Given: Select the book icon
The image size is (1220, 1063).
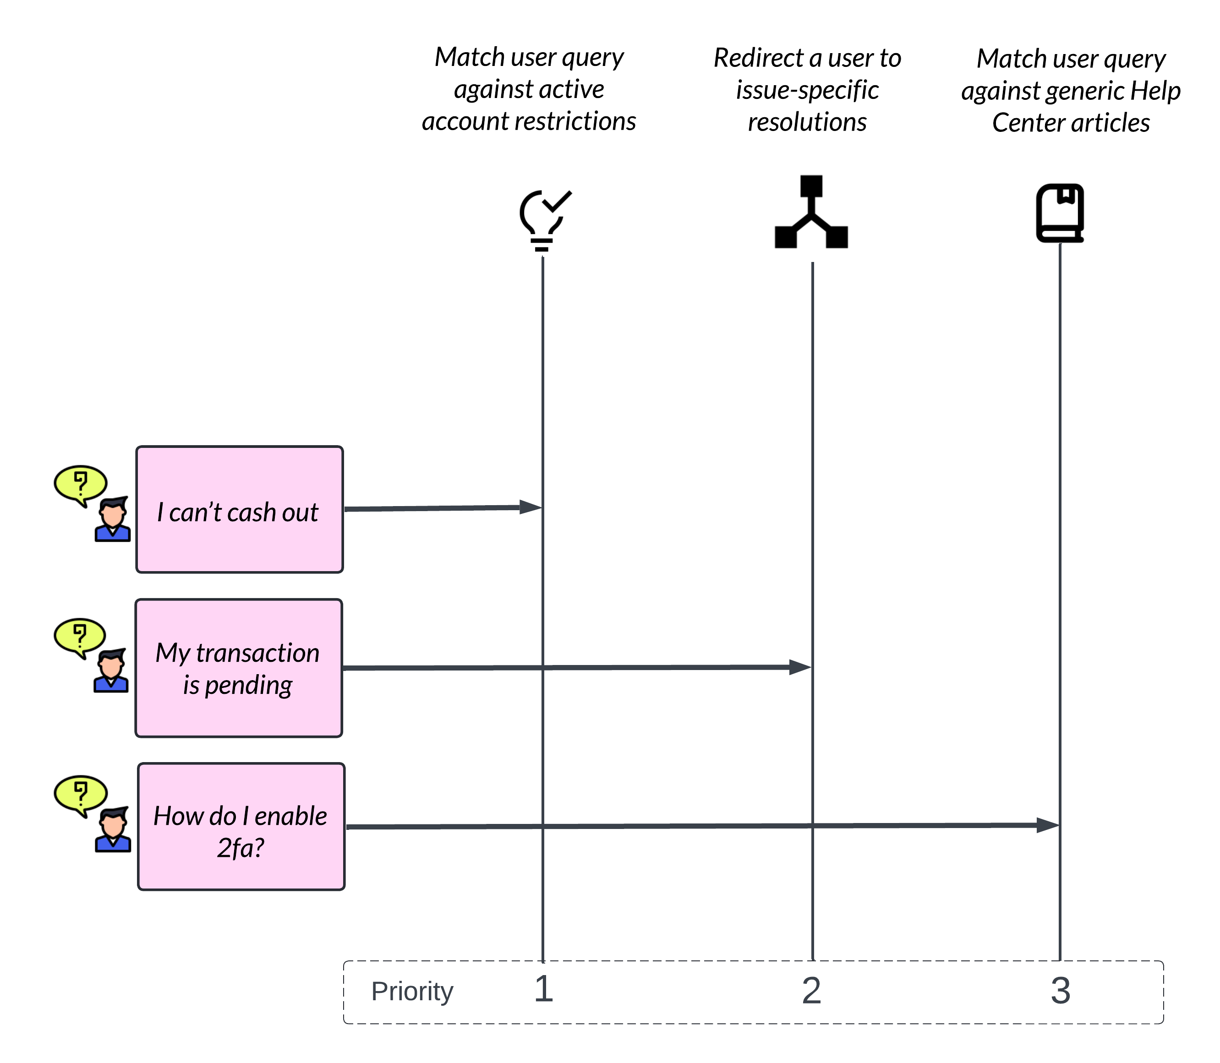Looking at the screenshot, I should [x=1060, y=213].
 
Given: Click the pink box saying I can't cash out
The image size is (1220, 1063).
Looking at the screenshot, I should [x=240, y=510].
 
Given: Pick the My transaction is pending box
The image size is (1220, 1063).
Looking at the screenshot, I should [x=239, y=668].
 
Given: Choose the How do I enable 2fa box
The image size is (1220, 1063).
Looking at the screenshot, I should [x=241, y=826].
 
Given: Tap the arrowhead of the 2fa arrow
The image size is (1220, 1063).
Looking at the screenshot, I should [x=1048, y=825].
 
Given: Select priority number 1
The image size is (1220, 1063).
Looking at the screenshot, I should [x=543, y=989].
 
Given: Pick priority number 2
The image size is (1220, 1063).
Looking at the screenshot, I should [x=811, y=991].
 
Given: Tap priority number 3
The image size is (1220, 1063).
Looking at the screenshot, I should [x=1061, y=991].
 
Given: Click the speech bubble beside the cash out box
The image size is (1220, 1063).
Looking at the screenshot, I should [x=80, y=484].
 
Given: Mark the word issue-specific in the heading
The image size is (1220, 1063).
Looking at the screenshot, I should [x=807, y=90].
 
